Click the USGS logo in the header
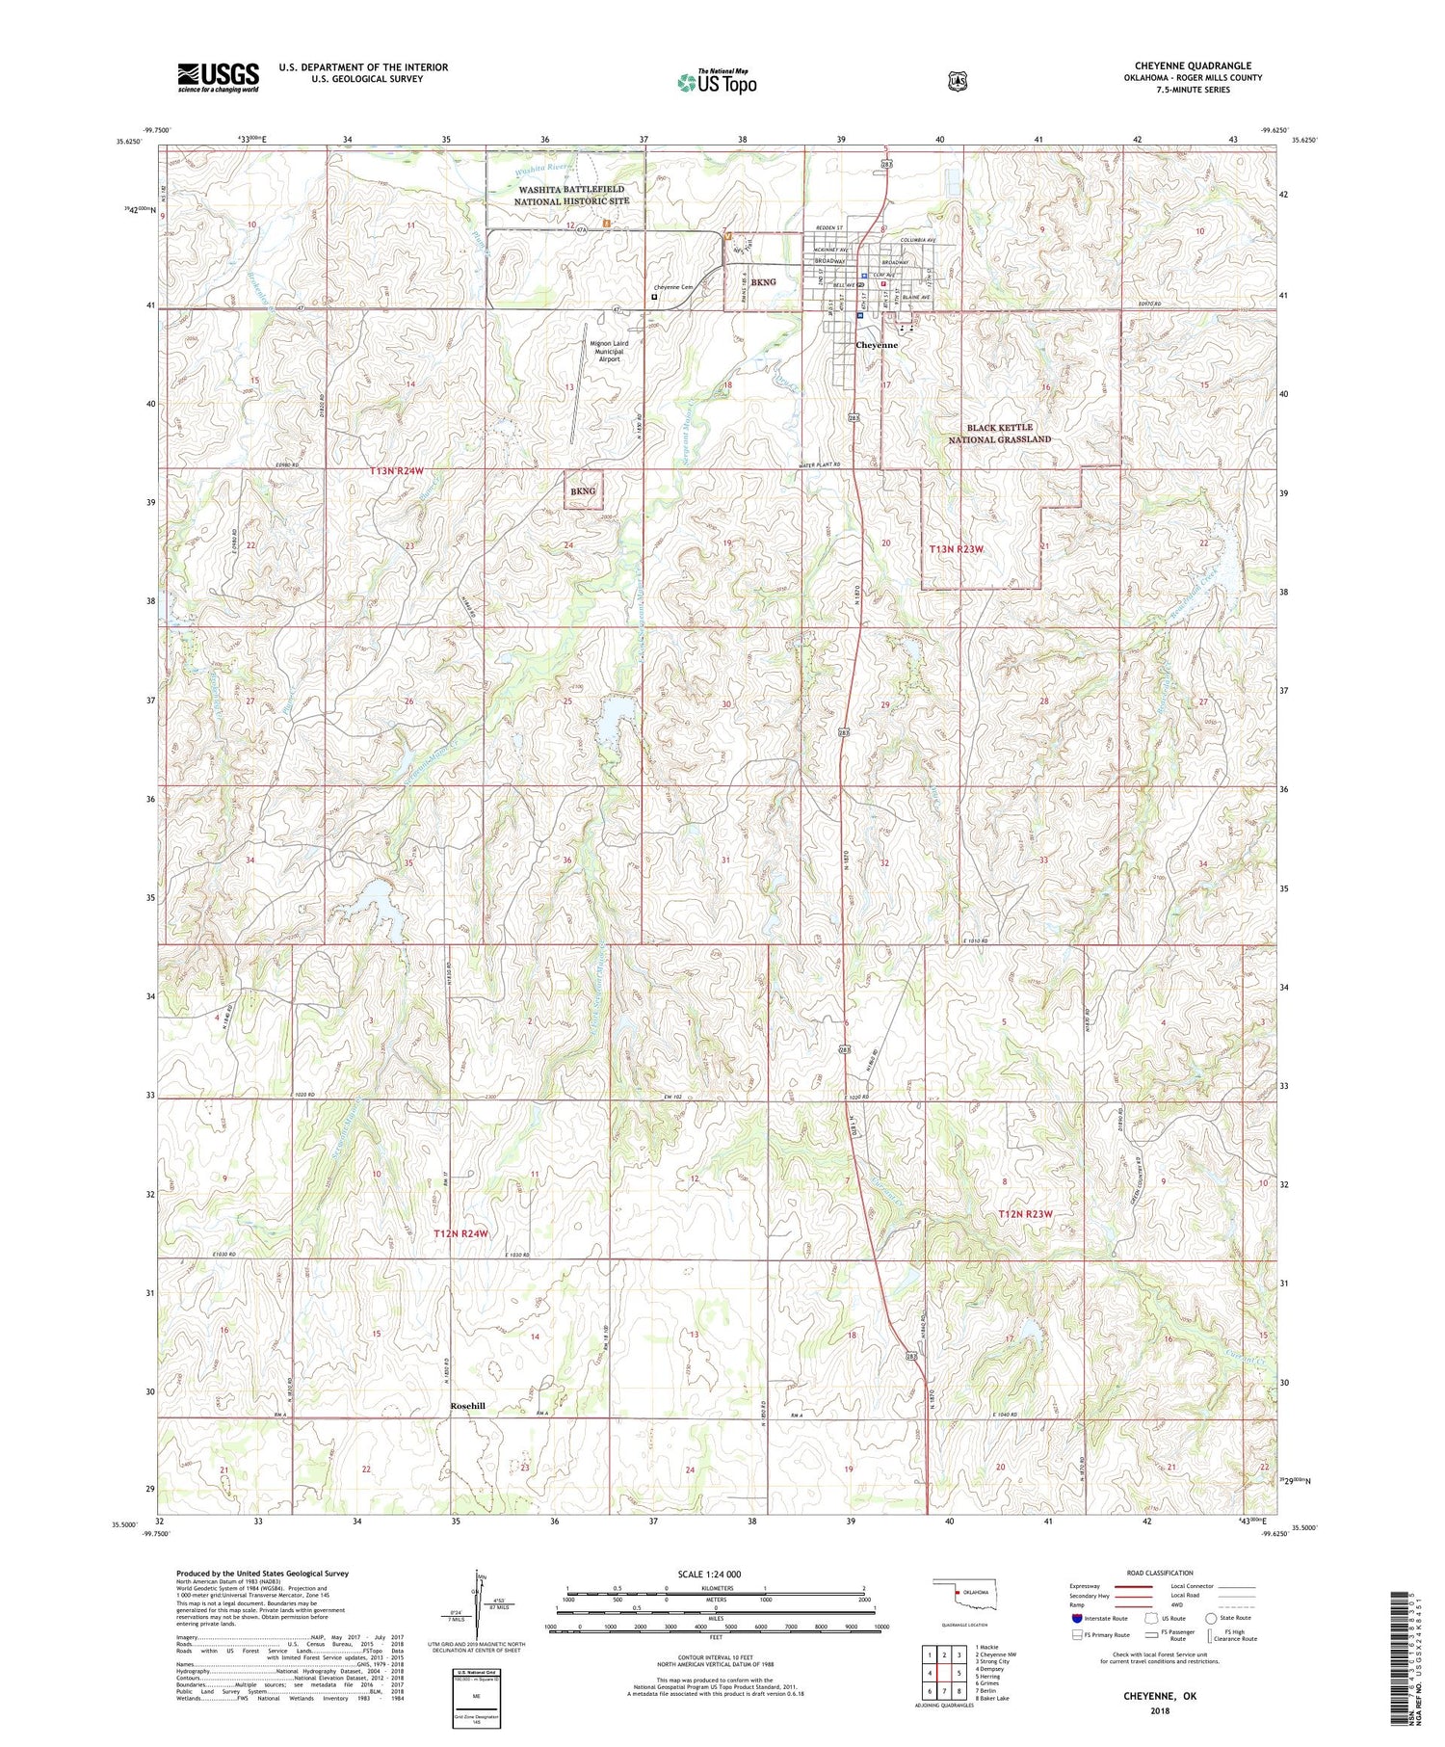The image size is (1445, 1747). point(218,77)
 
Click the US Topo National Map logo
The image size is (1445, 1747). point(717,81)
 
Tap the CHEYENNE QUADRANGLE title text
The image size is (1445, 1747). point(1193,66)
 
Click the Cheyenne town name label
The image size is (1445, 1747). point(877,345)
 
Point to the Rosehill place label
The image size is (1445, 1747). point(467,1406)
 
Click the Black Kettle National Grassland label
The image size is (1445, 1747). point(999,433)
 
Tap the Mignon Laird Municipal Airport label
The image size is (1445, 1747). point(609,351)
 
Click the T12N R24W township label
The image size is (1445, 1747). point(460,1233)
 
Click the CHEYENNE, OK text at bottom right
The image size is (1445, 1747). point(1160,1695)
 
